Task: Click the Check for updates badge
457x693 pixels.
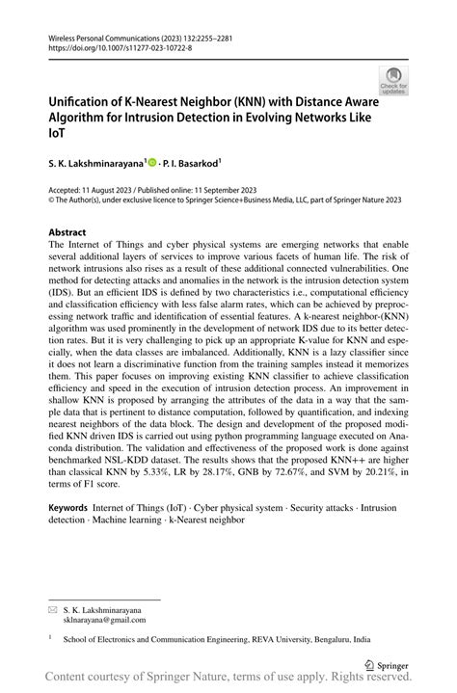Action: pos(394,84)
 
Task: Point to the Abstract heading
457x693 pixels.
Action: pos(67,232)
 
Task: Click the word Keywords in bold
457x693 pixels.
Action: pos(68,506)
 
